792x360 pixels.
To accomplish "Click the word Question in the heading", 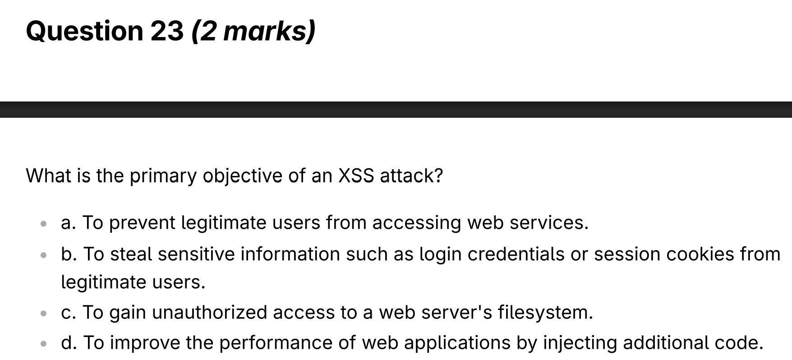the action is (x=84, y=31).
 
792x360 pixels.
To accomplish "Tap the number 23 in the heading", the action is (x=167, y=31).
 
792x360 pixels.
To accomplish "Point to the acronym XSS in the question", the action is (x=356, y=175).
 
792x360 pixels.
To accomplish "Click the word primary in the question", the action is (x=163, y=176).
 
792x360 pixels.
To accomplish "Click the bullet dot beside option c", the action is (x=44, y=313).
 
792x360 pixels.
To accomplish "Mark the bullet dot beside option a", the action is (x=44, y=223).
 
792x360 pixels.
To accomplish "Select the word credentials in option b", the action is (x=516, y=254).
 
